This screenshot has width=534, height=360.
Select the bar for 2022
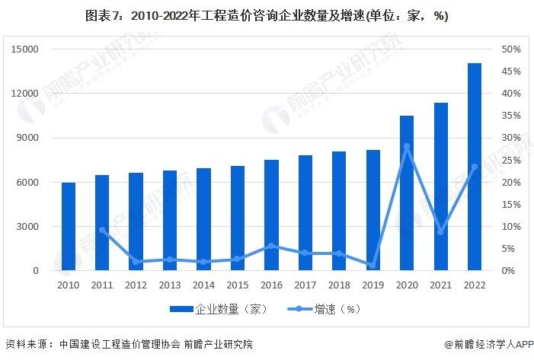pyautogui.click(x=475, y=167)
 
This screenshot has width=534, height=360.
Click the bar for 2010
pyautogui.click(x=69, y=227)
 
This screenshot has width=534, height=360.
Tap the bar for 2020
pyautogui.click(x=407, y=193)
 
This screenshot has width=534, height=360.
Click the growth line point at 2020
pyautogui.click(x=407, y=146)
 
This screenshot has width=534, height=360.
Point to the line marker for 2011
pyautogui.click(x=102, y=230)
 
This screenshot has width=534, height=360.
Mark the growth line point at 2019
pyautogui.click(x=373, y=265)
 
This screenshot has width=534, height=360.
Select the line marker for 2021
pyautogui.click(x=440, y=231)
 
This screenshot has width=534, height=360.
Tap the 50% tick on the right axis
pyautogui.click(x=510, y=49)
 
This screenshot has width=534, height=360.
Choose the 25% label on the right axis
pyautogui.click(x=510, y=161)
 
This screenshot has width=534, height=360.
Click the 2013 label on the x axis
pyautogui.click(x=170, y=285)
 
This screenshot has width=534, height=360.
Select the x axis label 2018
pyautogui.click(x=339, y=285)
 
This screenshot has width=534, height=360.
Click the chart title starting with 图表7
pyautogui.click(x=267, y=16)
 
